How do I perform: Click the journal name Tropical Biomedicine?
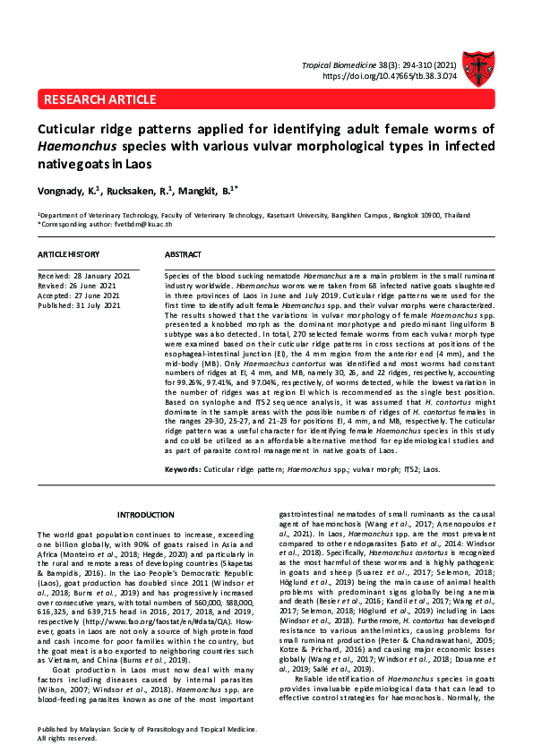click(342, 66)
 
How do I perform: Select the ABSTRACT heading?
click(183, 255)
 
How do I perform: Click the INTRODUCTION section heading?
click(146, 514)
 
